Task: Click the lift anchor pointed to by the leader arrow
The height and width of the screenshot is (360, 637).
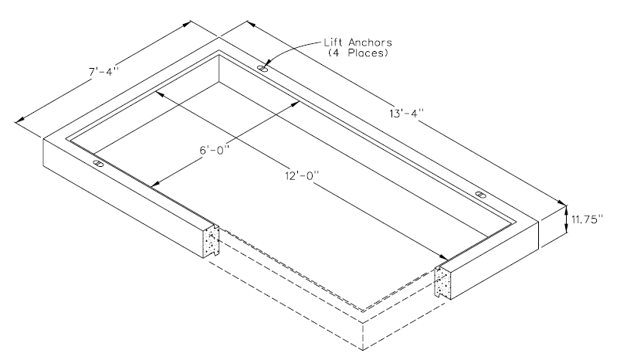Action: click(x=263, y=69)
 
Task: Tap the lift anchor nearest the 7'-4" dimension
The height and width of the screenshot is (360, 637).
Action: click(x=97, y=164)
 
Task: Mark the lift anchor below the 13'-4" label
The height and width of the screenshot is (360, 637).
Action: click(x=480, y=194)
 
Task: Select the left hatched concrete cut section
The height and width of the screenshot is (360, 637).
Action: click(x=212, y=242)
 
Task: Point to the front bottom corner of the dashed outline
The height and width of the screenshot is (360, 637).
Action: click(x=364, y=345)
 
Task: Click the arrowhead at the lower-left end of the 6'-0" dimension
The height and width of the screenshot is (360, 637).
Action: click(x=153, y=184)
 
